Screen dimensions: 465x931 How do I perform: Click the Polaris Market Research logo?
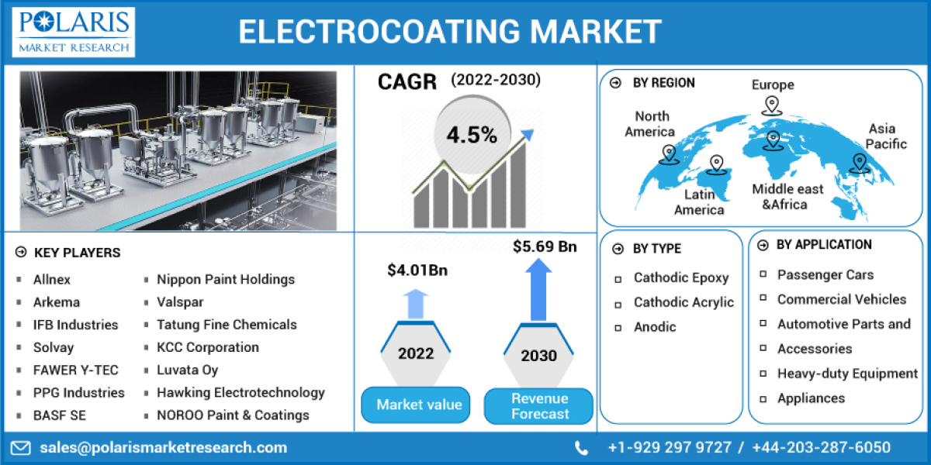pos(74,31)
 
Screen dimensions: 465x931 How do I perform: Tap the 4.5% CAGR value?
pos(471,134)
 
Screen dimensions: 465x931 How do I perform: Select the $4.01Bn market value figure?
pos(417,270)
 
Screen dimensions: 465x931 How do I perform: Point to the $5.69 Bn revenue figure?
pos(545,246)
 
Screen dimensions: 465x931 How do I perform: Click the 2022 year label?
pos(416,353)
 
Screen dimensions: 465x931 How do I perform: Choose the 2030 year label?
pos(538,356)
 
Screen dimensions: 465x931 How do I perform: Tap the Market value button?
pos(419,405)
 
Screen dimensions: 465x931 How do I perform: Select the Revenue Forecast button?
pos(539,406)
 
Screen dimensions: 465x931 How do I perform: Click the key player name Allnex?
pos(51,279)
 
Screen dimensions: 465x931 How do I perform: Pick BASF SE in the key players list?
pos(59,415)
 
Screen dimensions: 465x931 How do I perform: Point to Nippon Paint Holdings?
pos(226,279)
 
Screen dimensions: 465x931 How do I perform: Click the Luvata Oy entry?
pos(187,370)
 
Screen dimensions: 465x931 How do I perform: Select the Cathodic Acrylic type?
pos(684,302)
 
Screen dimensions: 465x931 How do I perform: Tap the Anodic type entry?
pos(655,327)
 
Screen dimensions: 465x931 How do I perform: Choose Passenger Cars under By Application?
pos(825,274)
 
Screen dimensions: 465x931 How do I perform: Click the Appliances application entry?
pos(811,398)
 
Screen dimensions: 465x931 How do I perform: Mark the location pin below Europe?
pos(771,106)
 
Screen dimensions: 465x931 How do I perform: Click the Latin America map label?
pos(699,202)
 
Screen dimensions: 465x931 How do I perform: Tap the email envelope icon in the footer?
pos(21,447)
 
